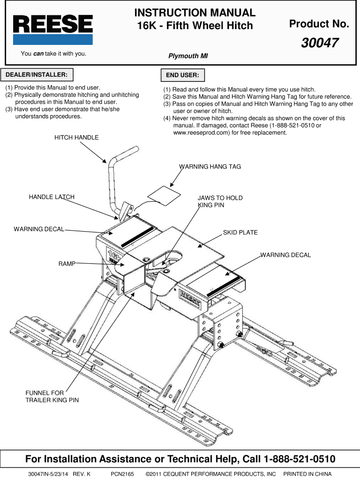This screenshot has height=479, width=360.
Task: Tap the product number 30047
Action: pyautogui.click(x=320, y=43)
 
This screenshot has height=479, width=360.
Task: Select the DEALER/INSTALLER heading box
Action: pyautogui.click(x=36, y=75)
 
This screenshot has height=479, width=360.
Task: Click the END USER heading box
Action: pyautogui.click(x=182, y=75)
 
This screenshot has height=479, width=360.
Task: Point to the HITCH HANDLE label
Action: pyautogui.click(x=77, y=138)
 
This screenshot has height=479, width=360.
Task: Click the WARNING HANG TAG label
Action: pyautogui.click(x=210, y=167)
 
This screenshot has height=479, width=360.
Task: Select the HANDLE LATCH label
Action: pyautogui.click(x=51, y=197)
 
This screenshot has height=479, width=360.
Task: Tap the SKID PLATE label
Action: pyautogui.click(x=240, y=232)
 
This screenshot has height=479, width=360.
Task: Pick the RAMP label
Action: pyautogui.click(x=67, y=264)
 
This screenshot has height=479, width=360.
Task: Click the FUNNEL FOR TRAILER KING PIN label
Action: pyautogui.click(x=52, y=397)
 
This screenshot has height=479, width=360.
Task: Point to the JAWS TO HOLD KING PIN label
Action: pyautogui.click(x=220, y=201)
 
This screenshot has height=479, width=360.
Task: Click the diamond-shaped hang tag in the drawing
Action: pyautogui.click(x=165, y=195)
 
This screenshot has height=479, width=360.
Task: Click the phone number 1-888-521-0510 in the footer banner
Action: pyautogui.click(x=300, y=458)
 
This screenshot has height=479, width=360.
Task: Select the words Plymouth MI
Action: pyautogui.click(x=188, y=56)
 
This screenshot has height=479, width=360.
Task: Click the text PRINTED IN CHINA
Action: pyautogui.click(x=307, y=474)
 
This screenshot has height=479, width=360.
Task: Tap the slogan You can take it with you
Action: pyautogui.click(x=53, y=53)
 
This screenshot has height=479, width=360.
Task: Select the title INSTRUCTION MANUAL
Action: pyautogui.click(x=195, y=13)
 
